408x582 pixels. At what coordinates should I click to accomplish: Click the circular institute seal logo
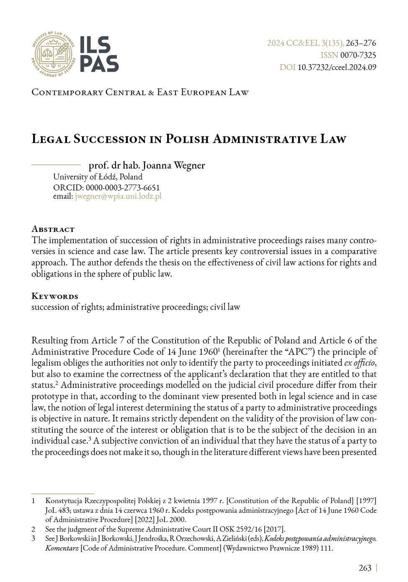(x=53, y=54)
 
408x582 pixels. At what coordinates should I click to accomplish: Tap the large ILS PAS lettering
(x=99, y=55)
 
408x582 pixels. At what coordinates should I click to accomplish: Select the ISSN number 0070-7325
(x=358, y=55)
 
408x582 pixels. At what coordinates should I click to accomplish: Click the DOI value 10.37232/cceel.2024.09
(x=337, y=68)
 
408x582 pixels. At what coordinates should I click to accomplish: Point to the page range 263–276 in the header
(x=361, y=43)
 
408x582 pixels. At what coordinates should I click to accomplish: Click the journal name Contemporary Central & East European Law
(x=140, y=92)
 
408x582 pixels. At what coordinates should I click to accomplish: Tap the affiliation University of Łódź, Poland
(x=98, y=177)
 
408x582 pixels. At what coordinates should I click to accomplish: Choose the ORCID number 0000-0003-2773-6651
(x=123, y=187)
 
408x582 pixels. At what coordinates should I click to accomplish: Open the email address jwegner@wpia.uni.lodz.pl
(x=118, y=196)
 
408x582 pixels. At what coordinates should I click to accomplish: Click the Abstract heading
(x=53, y=229)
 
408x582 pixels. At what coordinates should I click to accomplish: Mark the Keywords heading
(x=55, y=296)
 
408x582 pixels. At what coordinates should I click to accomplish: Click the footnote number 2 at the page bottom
(x=34, y=529)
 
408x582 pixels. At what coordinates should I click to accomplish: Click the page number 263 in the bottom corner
(x=365, y=568)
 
